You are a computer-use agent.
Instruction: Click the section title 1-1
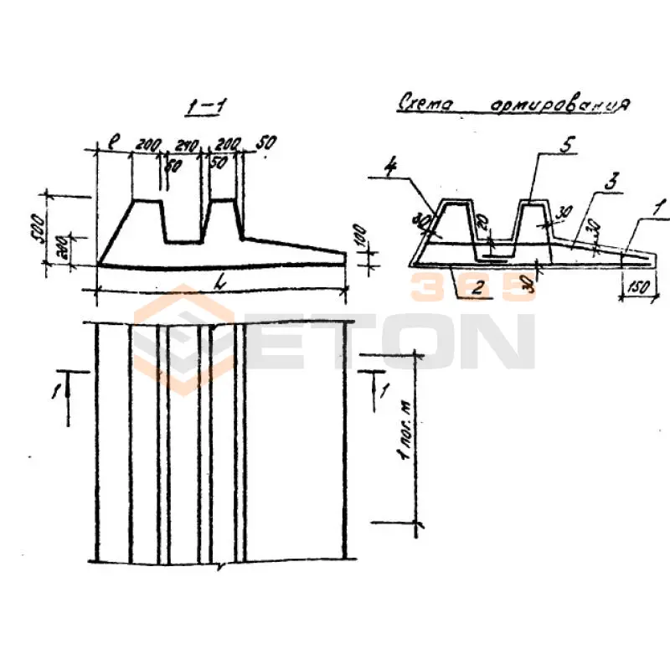coord(206,107)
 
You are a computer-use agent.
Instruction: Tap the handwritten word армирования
coord(559,106)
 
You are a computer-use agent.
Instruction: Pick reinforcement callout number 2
coord(476,290)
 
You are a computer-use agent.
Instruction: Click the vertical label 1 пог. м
coord(405,430)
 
